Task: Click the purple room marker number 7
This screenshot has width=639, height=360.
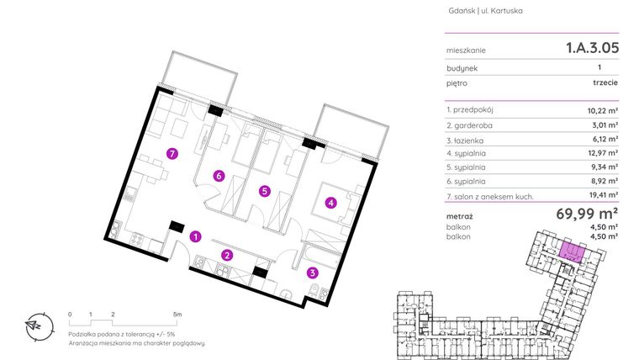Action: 172,154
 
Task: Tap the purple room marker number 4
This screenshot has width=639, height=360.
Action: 331,202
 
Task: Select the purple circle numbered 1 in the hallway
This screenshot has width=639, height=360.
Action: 195,236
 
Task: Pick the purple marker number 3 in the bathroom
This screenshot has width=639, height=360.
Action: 312,272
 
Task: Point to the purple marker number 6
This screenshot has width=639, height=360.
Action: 218,176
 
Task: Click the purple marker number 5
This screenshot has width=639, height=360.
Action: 264,191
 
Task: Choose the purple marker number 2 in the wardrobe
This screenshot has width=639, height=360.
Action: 226,254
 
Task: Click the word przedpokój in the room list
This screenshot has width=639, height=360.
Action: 480,110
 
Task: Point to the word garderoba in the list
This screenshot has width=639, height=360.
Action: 478,124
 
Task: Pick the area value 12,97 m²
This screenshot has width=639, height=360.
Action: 602,153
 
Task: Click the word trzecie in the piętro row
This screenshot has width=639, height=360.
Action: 605,84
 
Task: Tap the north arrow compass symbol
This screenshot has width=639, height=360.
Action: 35,325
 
